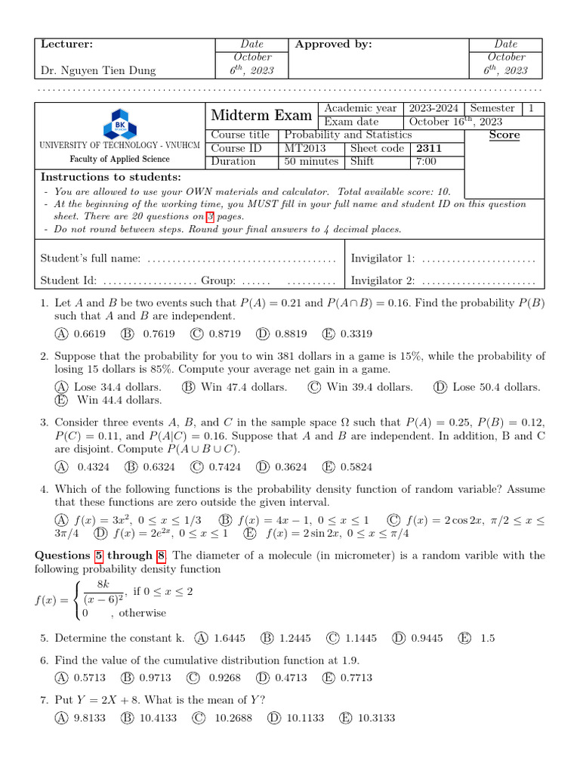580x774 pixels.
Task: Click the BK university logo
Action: (119, 122)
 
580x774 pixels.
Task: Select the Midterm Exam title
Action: (261, 116)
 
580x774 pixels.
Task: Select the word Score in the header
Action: (504, 135)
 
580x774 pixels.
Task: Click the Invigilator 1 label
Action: (383, 259)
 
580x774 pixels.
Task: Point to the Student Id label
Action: (68, 280)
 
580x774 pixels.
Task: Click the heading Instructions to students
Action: (110, 177)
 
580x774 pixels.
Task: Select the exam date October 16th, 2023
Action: (455, 122)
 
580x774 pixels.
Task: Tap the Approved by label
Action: (333, 45)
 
